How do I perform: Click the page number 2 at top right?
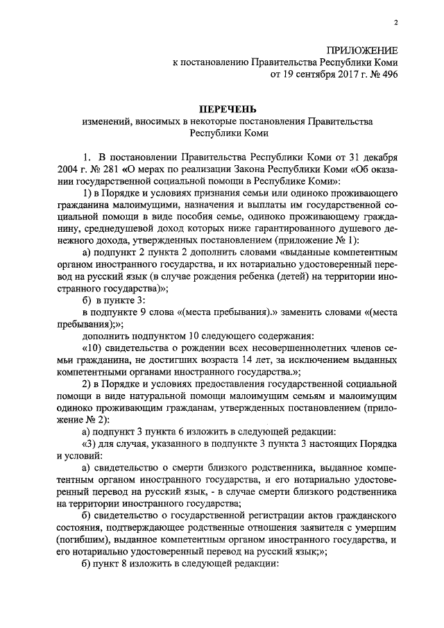(x=395, y=22)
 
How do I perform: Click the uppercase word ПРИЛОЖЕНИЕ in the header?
(x=364, y=50)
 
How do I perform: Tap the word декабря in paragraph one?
(x=377, y=155)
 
